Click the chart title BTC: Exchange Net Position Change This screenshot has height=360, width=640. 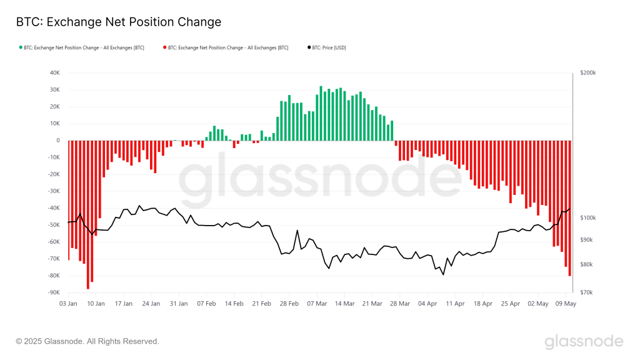click(118, 22)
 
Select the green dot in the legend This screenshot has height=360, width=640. click(21, 47)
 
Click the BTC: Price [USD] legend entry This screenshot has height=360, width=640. click(330, 47)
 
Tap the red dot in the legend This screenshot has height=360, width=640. click(164, 47)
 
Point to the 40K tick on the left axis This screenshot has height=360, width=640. click(54, 73)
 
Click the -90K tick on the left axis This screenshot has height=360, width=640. click(53, 292)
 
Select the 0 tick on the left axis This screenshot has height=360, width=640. click(57, 141)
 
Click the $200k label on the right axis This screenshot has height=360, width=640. click(588, 73)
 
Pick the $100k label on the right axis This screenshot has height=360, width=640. click(588, 218)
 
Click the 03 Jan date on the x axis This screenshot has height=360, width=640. click(68, 304)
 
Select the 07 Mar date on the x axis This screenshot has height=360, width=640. click(317, 304)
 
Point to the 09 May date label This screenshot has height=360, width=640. click(566, 304)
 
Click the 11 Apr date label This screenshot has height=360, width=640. click(455, 304)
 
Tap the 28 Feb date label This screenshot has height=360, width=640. click(289, 304)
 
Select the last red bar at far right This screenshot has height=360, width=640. click(569, 207)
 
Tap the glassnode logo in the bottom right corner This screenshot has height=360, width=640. click(583, 341)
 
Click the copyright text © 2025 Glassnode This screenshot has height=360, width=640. click(87, 341)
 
